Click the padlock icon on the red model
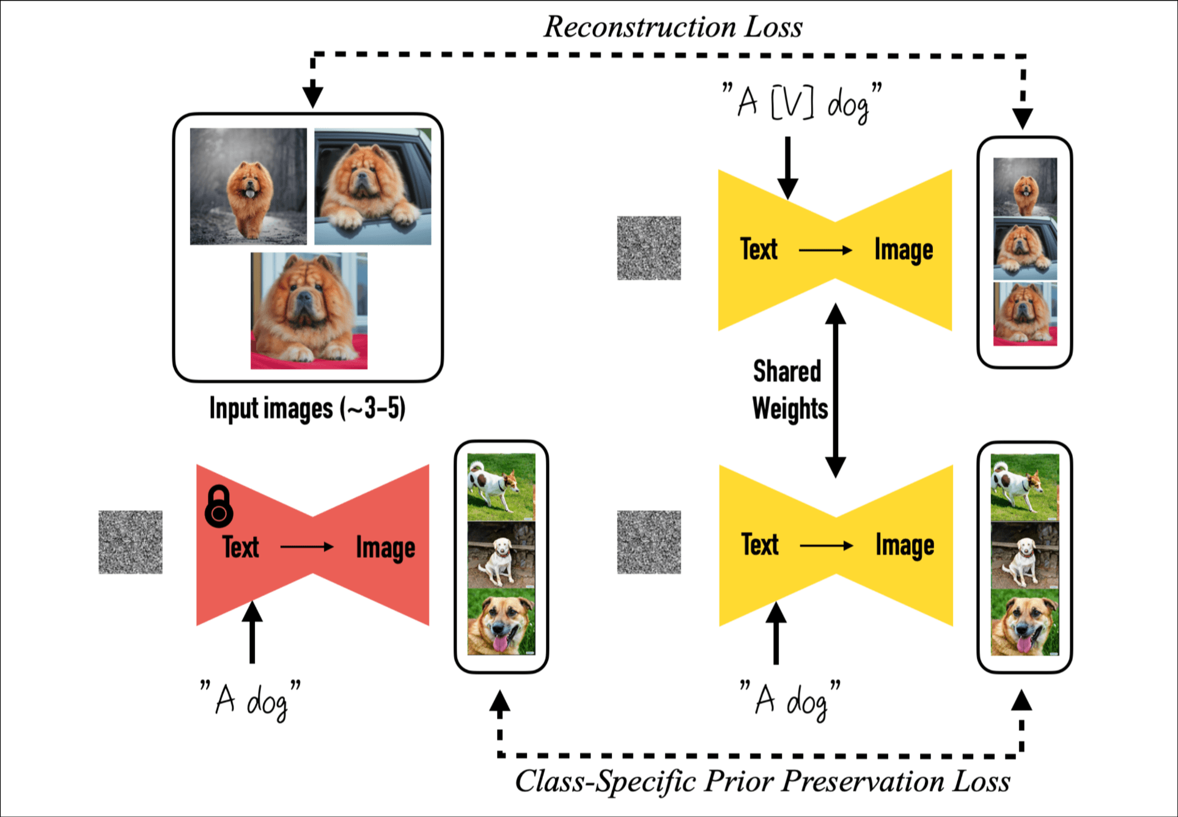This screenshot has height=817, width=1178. point(218,507)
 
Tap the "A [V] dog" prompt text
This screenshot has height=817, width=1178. point(801,103)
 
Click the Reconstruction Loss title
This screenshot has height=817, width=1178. point(672,27)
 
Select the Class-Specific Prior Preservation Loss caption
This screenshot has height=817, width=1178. point(762,782)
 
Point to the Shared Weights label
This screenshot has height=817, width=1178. point(789,390)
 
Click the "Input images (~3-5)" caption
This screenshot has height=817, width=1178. point(307,408)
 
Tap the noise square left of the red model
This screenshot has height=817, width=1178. point(130,542)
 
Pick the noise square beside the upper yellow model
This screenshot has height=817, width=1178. point(649,248)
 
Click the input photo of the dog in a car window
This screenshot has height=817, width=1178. point(372,186)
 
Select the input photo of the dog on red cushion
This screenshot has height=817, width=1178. point(309,310)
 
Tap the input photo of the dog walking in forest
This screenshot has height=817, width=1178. point(248,186)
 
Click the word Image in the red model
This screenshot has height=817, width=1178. point(385,548)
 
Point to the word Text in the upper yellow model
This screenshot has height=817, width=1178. point(759,249)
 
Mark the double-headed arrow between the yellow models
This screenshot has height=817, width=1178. point(835,390)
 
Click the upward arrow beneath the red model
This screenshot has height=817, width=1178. point(252,632)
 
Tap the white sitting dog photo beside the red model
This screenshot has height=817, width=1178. point(501,554)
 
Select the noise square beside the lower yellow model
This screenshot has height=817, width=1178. point(649,542)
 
